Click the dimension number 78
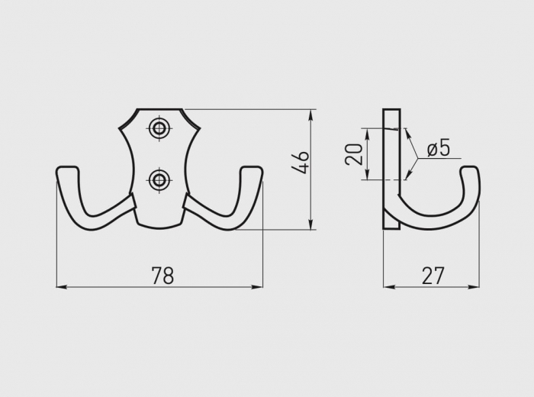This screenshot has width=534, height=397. coord(162,276)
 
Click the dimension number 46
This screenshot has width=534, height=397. coord(301,163)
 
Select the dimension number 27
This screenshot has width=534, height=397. coord(433,276)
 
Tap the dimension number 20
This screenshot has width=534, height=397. coord(354,154)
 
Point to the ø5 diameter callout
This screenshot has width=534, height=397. coord(438,147)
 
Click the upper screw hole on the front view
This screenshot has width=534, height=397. coord(159,128)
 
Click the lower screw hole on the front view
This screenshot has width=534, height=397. coord(159,180)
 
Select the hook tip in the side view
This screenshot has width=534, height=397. coord(471,170)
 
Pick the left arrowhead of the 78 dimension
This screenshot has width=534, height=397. coord(61,287)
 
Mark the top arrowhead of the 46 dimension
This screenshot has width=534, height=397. coord(311,115)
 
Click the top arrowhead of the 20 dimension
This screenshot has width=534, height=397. coord(368,133)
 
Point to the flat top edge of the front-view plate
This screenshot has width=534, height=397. coord(159,109)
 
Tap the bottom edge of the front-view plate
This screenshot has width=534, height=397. coord(159,226)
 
